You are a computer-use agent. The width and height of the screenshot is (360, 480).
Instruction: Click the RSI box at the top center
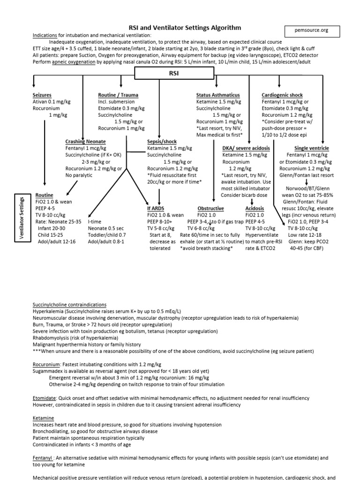(173, 73)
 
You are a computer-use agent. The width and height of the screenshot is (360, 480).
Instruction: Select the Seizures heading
(42, 95)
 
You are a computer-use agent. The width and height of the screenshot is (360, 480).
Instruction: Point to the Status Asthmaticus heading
(218, 95)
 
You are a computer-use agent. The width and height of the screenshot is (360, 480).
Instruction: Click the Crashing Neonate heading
(85, 142)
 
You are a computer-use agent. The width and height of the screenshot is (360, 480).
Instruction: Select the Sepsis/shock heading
(163, 142)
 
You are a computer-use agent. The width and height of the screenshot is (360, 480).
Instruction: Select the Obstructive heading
(210, 208)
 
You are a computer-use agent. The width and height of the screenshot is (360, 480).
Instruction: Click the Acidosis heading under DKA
(255, 208)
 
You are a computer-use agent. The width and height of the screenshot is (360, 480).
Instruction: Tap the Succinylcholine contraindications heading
(69, 304)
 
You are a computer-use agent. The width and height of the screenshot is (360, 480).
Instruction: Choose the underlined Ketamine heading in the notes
(43, 417)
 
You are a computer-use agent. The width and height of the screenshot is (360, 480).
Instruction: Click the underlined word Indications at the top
(46, 35)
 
